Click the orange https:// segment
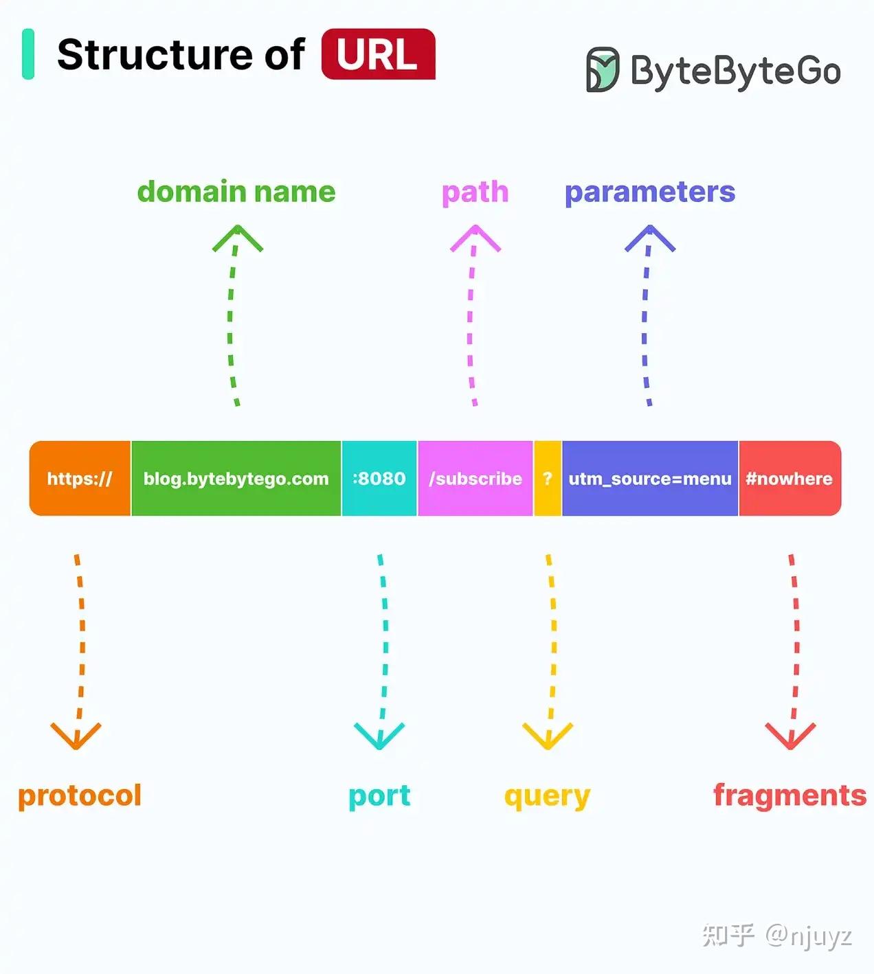click(x=80, y=479)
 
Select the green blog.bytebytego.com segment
click(x=236, y=479)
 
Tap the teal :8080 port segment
click(x=379, y=479)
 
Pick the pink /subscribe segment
click(x=475, y=479)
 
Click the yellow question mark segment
click(x=548, y=479)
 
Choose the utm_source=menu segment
click(x=650, y=479)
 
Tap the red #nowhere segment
click(x=789, y=479)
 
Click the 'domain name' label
click(x=236, y=192)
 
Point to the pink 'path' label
click(x=475, y=192)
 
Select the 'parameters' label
click(x=650, y=192)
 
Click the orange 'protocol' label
click(x=80, y=795)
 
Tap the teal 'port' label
click(x=379, y=796)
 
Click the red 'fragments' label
click(x=789, y=795)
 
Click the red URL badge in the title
click(x=378, y=54)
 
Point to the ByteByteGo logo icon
click(x=603, y=69)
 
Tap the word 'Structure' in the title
click(x=155, y=54)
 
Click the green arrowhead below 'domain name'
click(x=237, y=238)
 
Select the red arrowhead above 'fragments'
click(x=790, y=736)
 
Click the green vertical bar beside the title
click(x=28, y=54)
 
